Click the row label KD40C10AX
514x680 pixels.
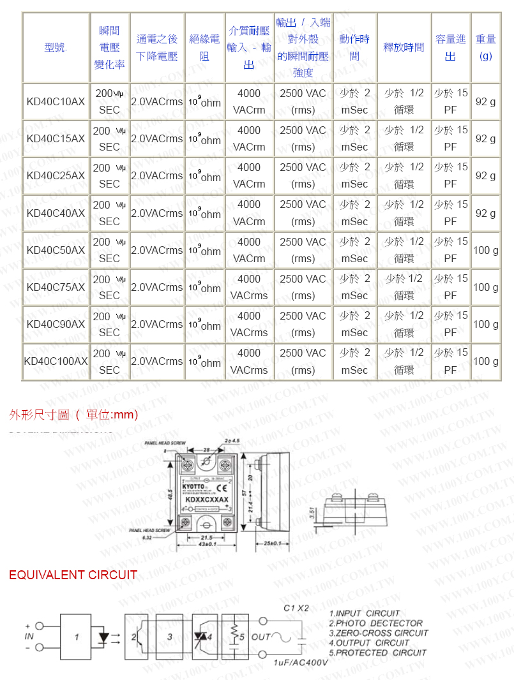(56, 101)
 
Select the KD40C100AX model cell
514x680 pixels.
(56, 361)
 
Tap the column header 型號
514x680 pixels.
(56, 48)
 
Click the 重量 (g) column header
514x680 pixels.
(485, 48)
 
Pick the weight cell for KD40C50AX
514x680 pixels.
(485, 250)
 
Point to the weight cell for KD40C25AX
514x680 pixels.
(485, 175)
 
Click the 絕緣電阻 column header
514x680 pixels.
(204, 48)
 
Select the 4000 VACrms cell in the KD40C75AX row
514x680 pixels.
(249, 287)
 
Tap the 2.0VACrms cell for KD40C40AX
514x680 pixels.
(156, 212)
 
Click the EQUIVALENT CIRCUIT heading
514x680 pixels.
(73, 575)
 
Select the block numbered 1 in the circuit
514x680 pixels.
(76, 637)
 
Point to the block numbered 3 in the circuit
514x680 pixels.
(169, 637)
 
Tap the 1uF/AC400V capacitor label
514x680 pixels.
(300, 663)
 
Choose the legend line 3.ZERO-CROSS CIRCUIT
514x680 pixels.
(379, 633)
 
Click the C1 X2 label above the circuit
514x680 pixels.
(296, 608)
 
